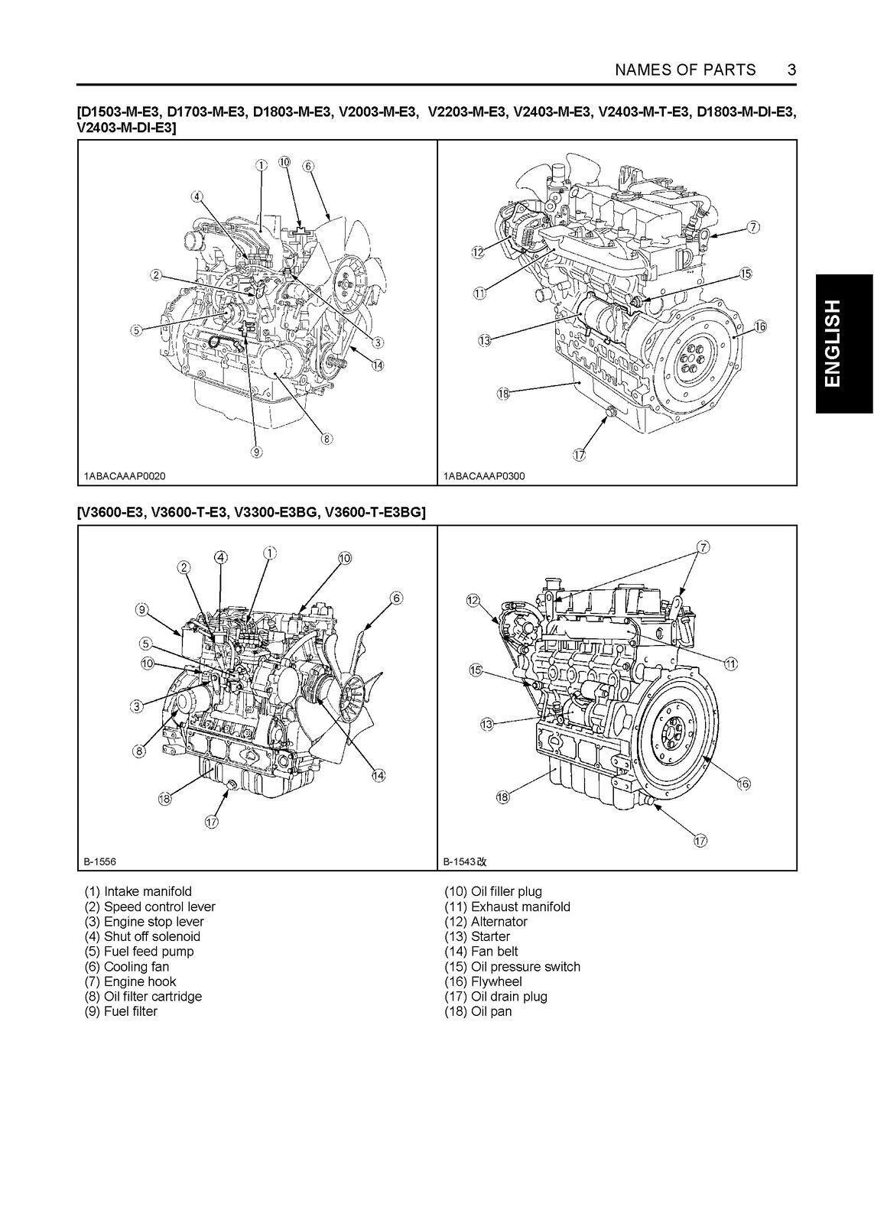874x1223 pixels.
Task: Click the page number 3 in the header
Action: click(x=791, y=70)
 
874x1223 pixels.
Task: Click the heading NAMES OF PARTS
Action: click(x=685, y=70)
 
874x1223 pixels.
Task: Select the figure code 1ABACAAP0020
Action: click(x=124, y=476)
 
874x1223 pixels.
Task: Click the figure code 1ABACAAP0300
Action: click(x=484, y=476)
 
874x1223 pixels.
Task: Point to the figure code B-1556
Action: click(x=100, y=861)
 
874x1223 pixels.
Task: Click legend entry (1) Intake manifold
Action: click(x=138, y=891)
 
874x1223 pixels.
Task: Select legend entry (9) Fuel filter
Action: click(x=121, y=1011)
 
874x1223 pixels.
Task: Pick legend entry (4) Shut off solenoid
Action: click(x=142, y=936)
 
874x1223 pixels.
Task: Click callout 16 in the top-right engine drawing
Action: click(x=759, y=326)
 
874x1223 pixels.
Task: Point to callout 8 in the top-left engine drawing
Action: click(x=326, y=439)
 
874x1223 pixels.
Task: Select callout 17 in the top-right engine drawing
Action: click(x=579, y=455)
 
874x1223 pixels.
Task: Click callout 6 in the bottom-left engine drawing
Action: click(x=396, y=598)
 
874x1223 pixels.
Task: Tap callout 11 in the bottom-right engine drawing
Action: click(x=730, y=663)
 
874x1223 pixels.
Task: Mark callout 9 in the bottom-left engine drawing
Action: click(x=141, y=609)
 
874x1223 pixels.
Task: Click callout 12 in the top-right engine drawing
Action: click(x=478, y=251)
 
